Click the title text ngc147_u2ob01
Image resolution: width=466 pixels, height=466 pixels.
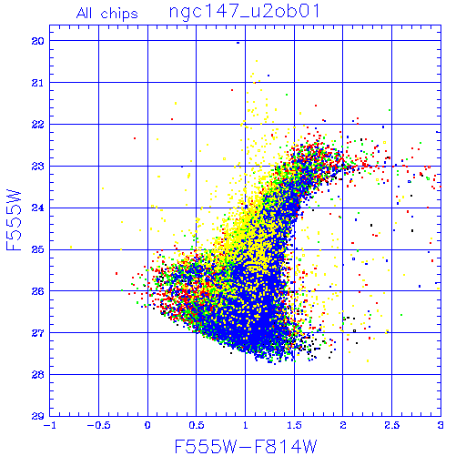click(x=244, y=12)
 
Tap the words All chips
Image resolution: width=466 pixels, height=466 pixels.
click(x=107, y=14)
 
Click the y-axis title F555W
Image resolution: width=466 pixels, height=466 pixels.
click(x=14, y=220)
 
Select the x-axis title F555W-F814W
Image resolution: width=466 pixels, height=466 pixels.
click(x=246, y=446)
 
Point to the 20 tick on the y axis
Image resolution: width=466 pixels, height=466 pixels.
click(x=38, y=41)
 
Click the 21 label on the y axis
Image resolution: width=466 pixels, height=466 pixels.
click(x=38, y=83)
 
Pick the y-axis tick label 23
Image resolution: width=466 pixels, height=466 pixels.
click(x=38, y=166)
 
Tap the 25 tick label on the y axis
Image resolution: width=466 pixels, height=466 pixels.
click(x=38, y=249)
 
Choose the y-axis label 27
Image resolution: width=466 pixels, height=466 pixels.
click(x=38, y=333)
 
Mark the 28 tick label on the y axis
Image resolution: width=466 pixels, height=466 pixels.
click(x=38, y=375)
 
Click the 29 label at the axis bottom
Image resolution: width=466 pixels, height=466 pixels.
click(x=38, y=416)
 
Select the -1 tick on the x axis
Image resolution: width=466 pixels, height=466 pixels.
click(x=50, y=425)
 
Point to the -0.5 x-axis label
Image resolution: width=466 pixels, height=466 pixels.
click(x=98, y=425)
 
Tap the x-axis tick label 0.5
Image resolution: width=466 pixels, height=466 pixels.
click(x=197, y=425)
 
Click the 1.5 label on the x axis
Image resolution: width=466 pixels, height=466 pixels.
click(x=294, y=425)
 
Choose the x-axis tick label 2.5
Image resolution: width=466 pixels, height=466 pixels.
click(x=391, y=425)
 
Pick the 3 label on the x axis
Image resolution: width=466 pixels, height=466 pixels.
click(x=441, y=425)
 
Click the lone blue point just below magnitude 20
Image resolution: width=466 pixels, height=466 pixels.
click(x=238, y=43)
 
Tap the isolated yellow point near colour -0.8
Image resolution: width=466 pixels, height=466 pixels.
click(x=71, y=247)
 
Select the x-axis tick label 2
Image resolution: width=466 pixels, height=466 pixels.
click(x=343, y=425)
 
